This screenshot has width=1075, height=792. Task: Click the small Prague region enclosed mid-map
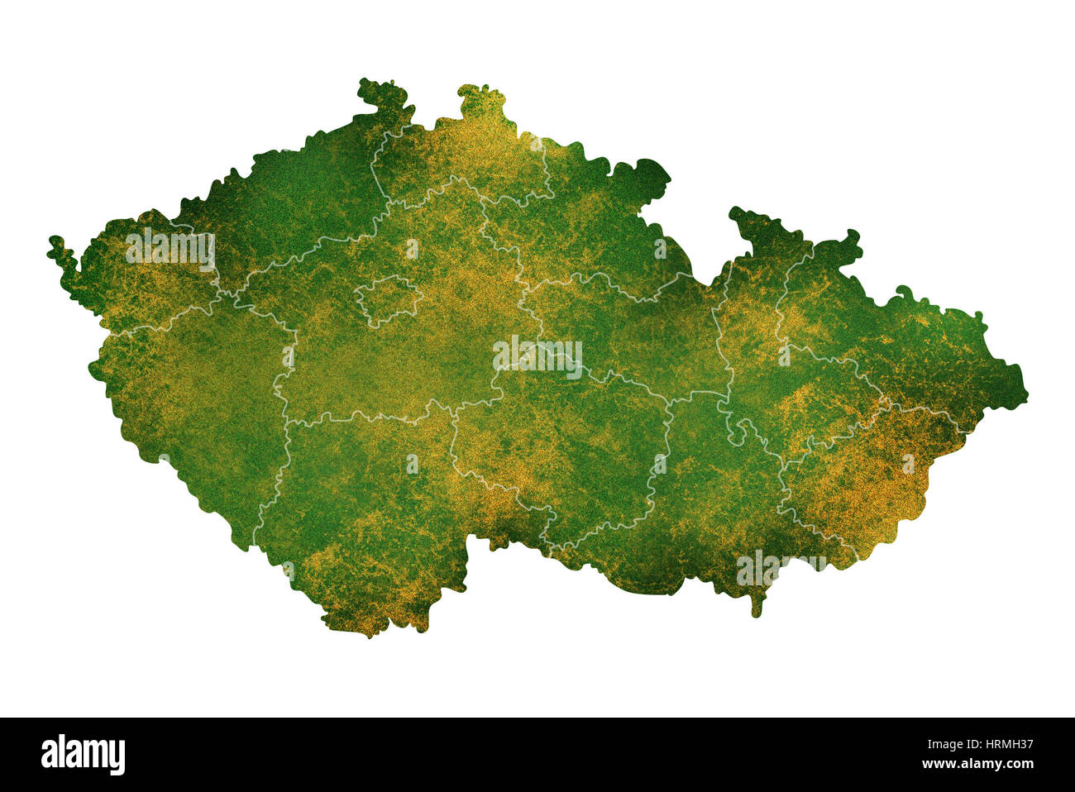[x=387, y=299]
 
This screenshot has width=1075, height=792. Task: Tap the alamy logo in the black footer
[x=83, y=755]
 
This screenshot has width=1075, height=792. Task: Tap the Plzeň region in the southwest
[x=198, y=397]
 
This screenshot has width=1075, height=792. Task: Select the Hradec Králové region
[x=579, y=231]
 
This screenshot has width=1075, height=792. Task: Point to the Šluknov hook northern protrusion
[x=385, y=95]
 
